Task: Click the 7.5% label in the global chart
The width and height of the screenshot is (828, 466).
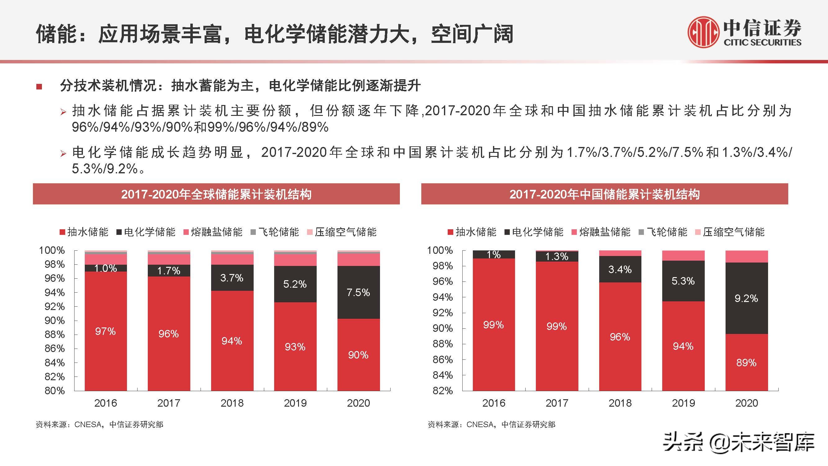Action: pos(358,292)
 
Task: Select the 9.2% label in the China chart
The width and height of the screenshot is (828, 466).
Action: pos(746,299)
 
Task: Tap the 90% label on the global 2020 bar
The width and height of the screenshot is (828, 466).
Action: pos(358,355)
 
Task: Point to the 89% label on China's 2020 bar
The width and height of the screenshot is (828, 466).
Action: pos(746,363)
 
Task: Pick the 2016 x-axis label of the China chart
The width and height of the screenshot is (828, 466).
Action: pos(493,403)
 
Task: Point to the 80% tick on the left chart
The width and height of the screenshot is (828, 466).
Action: pos(55,391)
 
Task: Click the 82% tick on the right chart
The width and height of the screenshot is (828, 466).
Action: pos(443,391)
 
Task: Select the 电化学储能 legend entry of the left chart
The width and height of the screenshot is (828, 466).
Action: pos(146,232)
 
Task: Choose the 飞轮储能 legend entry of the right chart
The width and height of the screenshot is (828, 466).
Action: pos(663,232)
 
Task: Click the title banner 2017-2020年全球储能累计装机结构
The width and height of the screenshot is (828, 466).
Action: pos(216,194)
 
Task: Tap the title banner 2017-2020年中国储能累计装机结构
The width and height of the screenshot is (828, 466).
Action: pos(604,194)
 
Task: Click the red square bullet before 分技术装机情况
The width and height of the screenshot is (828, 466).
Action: pos(39,86)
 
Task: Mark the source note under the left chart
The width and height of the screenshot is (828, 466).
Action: pos(99,424)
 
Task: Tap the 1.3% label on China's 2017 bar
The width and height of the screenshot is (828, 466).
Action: pos(557,257)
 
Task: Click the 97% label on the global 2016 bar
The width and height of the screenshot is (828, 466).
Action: pos(105,331)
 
